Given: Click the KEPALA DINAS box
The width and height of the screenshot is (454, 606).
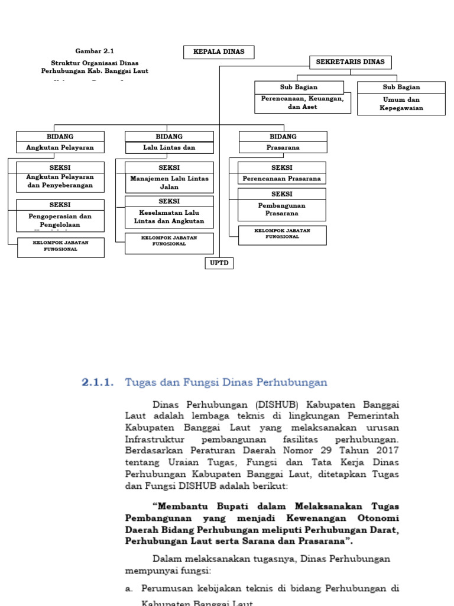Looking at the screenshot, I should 219,52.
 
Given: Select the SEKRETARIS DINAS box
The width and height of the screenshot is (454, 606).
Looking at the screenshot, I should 350,62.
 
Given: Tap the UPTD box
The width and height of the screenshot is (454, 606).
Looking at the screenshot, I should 219,263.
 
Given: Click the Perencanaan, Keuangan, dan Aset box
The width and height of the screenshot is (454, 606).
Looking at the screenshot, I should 303,98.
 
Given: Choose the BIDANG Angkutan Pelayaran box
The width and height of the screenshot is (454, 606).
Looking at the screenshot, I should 60,142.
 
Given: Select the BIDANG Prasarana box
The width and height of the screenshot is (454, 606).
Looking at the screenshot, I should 283,142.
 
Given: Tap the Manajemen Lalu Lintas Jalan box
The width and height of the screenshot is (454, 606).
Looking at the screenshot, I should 169,176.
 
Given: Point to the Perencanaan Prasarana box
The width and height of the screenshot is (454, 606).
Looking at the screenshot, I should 281,173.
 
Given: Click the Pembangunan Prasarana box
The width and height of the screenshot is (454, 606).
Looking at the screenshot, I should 281,204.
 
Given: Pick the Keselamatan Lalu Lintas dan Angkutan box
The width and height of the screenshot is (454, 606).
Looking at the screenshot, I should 169,212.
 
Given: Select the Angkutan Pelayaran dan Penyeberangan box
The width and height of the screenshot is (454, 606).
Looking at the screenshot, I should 60,176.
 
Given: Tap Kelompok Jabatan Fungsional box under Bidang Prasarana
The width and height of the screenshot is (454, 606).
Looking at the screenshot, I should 282,235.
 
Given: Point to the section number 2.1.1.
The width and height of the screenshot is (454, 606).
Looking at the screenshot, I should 98,382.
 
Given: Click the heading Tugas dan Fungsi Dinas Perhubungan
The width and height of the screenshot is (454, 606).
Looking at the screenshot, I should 226,382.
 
